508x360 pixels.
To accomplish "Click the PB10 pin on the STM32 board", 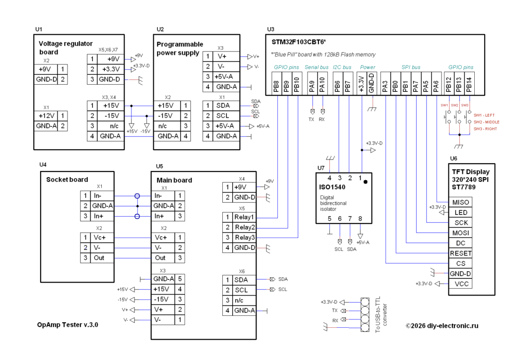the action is pos(297,83).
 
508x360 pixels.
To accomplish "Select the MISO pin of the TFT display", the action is pos(460,202).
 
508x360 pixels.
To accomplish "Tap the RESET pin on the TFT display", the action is pos(460,253).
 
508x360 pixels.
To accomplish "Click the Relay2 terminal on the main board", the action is pos(245,227).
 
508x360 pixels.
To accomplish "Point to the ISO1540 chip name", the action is pos(332,187).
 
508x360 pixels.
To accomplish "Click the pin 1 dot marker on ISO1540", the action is pos(366,182).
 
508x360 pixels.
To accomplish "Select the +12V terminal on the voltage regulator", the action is pos(46,116).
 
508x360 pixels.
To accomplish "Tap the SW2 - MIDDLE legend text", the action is pos(486,122).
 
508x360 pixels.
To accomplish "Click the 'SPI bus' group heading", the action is pos(411,67).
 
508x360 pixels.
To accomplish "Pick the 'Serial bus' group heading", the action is pos(317,67).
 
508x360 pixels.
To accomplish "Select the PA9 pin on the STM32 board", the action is pos(312,83).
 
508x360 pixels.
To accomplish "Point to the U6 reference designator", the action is pos(453,158).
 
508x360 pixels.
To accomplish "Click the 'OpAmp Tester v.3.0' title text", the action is pos(67,325).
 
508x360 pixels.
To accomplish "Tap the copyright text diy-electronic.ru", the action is pos(442,326).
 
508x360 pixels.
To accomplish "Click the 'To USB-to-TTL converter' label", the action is pos(381,314).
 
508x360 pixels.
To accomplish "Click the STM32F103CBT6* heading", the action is pos(299,42).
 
